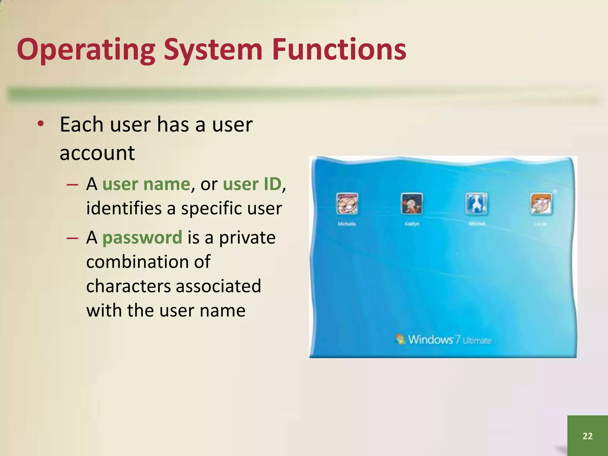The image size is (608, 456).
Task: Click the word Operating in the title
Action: click(x=86, y=50)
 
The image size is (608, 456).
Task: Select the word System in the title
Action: click(x=213, y=50)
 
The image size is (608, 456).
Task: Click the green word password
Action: click(x=142, y=238)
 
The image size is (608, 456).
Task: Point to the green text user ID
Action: click(x=252, y=184)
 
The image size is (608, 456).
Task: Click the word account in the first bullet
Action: click(x=97, y=153)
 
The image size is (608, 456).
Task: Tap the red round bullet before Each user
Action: click(x=41, y=124)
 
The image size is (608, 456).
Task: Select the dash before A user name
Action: click(x=72, y=185)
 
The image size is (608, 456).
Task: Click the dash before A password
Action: click(x=72, y=238)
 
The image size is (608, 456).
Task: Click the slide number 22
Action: click(x=588, y=436)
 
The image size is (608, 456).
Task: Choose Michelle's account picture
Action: click(x=347, y=204)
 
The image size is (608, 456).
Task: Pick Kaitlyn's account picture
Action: click(x=412, y=204)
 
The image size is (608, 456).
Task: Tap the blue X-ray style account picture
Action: click(x=476, y=204)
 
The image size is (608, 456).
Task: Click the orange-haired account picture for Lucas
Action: click(x=541, y=204)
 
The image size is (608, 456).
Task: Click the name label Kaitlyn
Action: click(x=412, y=224)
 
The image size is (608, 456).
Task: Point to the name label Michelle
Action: click(x=347, y=224)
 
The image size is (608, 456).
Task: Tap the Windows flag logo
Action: click(x=400, y=339)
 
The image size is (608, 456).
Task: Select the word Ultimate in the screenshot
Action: click(x=477, y=341)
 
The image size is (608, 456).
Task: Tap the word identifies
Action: click(x=124, y=209)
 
